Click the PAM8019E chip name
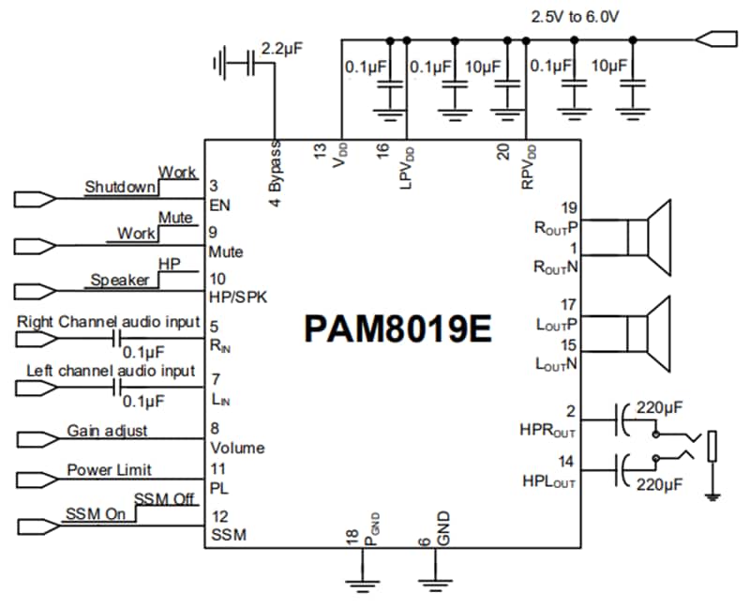coord(397,329)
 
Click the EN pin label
coord(220,205)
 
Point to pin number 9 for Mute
coord(215,233)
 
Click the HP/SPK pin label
coord(239,298)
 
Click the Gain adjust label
coord(107,432)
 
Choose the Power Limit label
coord(109,470)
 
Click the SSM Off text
coord(165,499)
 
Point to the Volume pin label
coord(237,448)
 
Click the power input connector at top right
coord(712,40)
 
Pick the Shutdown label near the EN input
coord(119,187)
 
